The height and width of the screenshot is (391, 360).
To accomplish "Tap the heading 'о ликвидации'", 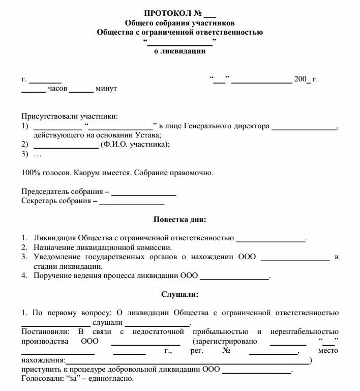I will (x=179, y=51).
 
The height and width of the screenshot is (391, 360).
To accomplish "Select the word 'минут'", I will (x=106, y=89).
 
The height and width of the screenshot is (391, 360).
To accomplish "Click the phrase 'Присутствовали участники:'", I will (x=69, y=117).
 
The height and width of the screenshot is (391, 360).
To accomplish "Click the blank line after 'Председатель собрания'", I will (x=143, y=192).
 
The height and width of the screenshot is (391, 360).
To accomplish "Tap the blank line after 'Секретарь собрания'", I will (x=132, y=201).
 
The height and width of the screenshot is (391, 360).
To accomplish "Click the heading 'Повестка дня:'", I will (x=179, y=219).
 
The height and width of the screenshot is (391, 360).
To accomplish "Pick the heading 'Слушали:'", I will (x=179, y=294).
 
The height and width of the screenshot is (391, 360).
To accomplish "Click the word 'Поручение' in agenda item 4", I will (x=50, y=276).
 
